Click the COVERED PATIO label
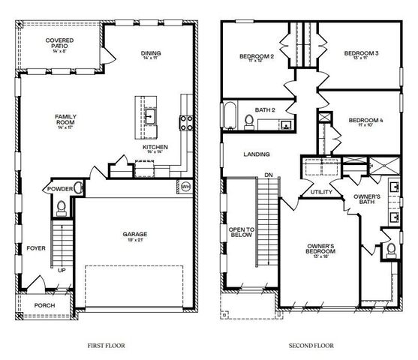(58, 43)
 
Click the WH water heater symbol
(186, 185)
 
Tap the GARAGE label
(135, 237)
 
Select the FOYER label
(35, 247)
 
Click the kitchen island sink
(150, 117)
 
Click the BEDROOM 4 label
(365, 121)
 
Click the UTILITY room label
(320, 192)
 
